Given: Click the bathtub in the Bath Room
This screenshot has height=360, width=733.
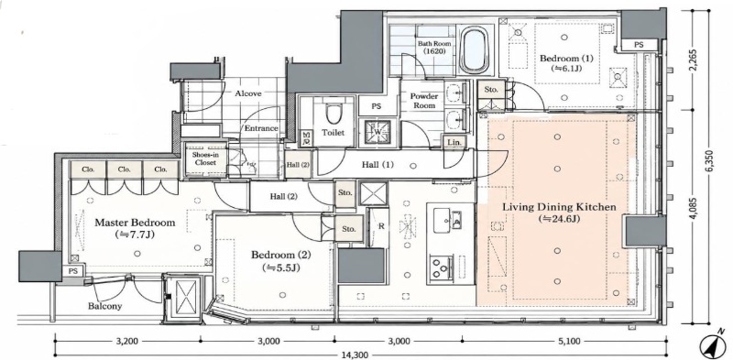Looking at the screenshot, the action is pos(476,50).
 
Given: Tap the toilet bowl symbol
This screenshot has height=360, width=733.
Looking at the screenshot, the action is pos(333,112).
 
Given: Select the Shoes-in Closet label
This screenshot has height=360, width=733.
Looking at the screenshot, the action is pos(205,159).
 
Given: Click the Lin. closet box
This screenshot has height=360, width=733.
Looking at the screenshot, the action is pos(454,142).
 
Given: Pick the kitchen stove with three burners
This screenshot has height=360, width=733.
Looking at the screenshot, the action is pos(442,268).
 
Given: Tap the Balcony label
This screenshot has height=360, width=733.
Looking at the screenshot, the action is pos(105,306).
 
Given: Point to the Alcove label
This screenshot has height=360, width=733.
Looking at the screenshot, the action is pos(247,93).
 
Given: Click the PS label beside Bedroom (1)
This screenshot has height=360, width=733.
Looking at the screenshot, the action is pos(638,45).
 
